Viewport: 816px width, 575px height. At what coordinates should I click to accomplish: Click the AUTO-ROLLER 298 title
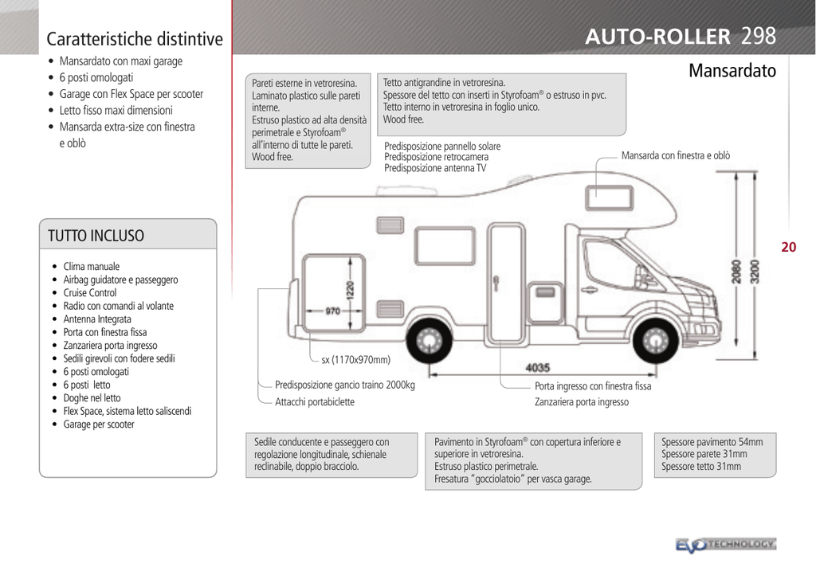tap(681, 37)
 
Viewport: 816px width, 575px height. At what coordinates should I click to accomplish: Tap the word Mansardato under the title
tap(732, 71)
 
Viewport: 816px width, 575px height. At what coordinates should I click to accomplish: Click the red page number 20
tap(788, 247)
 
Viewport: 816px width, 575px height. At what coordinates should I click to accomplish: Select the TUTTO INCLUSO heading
tap(96, 236)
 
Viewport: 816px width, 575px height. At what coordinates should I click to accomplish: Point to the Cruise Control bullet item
tap(90, 293)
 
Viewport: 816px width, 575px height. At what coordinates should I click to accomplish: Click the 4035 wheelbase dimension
tap(538, 368)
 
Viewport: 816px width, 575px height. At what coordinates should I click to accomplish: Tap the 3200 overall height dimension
tap(755, 272)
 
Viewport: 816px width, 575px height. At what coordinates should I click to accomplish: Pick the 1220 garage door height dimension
tap(350, 290)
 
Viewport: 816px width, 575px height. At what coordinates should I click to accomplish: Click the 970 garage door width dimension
tap(332, 311)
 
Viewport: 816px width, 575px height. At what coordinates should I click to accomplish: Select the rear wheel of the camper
tap(429, 341)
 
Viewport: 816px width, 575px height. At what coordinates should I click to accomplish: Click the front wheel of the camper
tap(655, 341)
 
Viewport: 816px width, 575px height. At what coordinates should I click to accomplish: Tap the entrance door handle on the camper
tap(496, 283)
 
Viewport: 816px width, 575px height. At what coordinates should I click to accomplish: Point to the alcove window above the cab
tap(609, 198)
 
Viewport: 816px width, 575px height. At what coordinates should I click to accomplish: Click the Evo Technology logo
tap(726, 545)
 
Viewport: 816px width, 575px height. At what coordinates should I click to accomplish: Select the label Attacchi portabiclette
tap(315, 402)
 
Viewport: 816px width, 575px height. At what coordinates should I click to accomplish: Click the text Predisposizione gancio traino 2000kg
tap(345, 385)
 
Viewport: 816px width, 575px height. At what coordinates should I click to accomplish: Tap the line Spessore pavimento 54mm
tap(712, 442)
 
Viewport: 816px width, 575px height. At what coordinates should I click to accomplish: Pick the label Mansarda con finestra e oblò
tap(676, 155)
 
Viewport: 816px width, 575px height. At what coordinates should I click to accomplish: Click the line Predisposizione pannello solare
tap(442, 146)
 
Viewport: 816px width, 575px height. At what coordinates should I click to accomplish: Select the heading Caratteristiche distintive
tap(135, 39)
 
